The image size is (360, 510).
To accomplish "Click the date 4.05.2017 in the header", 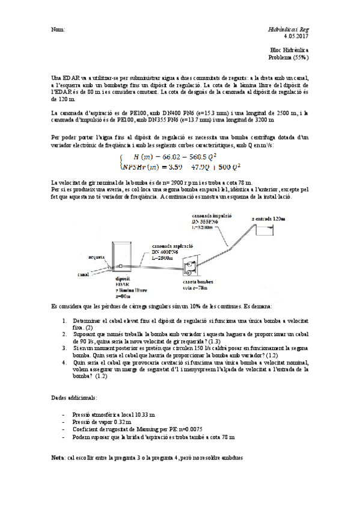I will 295,36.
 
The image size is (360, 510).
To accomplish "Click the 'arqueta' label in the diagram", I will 96,255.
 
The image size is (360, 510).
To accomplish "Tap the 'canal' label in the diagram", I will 84,274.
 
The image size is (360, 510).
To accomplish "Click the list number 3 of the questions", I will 64,348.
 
